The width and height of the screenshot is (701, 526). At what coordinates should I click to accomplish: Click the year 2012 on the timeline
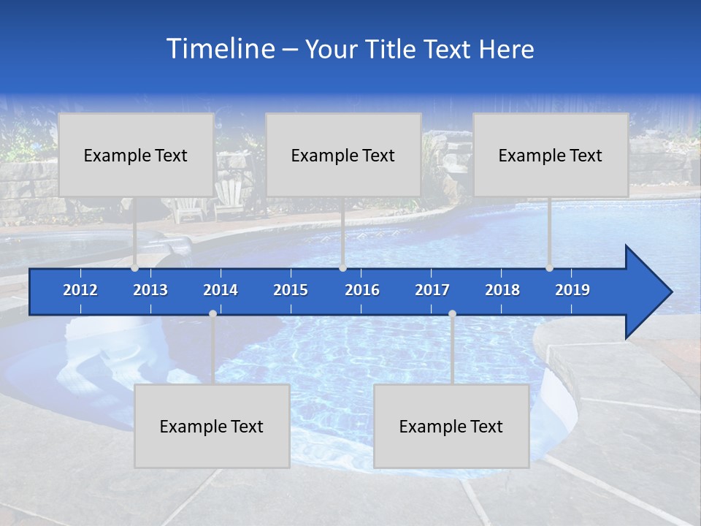click(80, 290)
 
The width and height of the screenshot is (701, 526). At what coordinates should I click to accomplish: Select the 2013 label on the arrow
click(150, 290)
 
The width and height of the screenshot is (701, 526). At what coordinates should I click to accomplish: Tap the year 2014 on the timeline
click(221, 290)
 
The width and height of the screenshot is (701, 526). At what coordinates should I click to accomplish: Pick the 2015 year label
click(291, 290)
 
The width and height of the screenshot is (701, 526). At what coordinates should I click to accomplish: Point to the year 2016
click(362, 290)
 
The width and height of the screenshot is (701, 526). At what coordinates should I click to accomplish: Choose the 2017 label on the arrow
click(432, 290)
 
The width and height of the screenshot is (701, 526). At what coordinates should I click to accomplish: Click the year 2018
click(502, 290)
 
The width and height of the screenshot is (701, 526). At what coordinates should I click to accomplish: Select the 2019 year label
click(572, 290)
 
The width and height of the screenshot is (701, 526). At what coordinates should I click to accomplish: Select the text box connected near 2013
click(136, 155)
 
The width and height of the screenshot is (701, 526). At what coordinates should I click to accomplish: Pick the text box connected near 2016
click(343, 155)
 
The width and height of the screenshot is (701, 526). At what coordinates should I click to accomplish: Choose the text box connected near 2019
click(551, 155)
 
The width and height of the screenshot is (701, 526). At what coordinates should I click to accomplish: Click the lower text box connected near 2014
click(212, 426)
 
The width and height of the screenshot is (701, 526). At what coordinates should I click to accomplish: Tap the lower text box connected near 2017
click(451, 426)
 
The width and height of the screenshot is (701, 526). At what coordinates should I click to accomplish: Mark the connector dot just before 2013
click(134, 268)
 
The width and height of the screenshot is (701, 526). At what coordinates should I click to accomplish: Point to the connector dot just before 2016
click(342, 268)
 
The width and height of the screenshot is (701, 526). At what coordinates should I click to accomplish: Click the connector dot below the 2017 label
click(452, 313)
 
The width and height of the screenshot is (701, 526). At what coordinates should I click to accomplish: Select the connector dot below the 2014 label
click(212, 313)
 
